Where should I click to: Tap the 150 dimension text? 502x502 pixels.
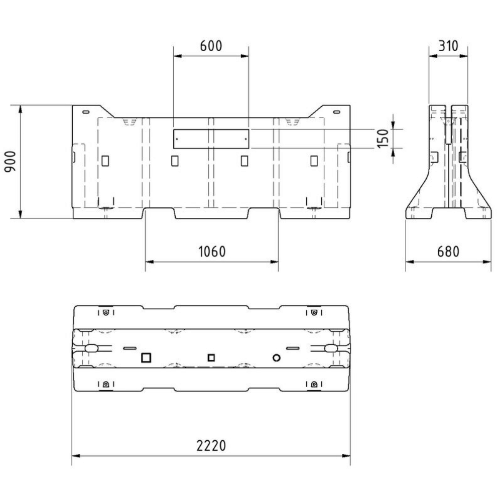coord(383,139)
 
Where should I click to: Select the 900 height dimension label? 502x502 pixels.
coord(10,161)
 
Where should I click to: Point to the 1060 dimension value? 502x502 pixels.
coord(211,251)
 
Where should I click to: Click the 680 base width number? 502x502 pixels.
coord(448,251)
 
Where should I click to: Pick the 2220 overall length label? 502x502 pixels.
coord(211,445)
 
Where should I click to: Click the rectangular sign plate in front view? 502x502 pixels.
coord(211,139)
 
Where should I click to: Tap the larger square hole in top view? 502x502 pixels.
coord(147,357)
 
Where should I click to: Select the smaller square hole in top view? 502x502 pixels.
coord(211,357)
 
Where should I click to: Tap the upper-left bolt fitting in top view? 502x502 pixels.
coord(105,312)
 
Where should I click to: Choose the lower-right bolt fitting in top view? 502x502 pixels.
coord(314,385)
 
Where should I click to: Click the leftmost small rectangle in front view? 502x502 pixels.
coord(105,161)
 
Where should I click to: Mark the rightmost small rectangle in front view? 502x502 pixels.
coord(314,161)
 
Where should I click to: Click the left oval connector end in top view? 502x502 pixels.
coord(91,348)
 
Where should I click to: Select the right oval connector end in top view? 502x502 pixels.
coord(331,348)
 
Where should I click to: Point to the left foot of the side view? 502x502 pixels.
coord(419,210)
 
